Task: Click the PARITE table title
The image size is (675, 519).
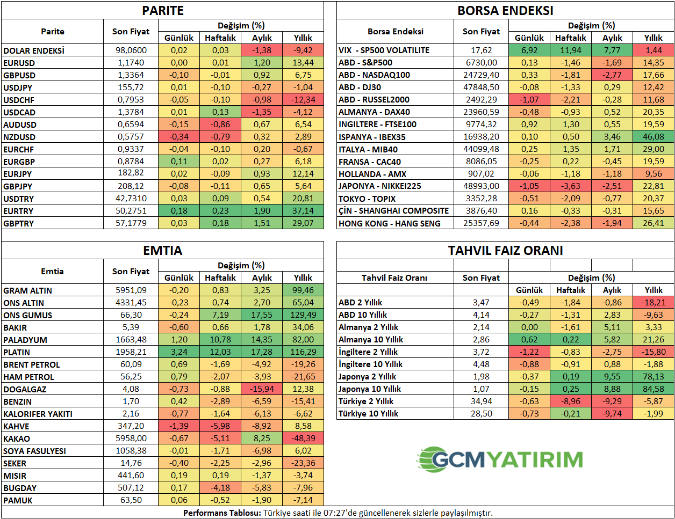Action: [163, 11]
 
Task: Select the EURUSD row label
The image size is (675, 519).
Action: [19, 63]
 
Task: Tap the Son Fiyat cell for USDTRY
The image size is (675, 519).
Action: [131, 199]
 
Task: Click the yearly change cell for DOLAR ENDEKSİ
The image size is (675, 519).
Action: [303, 50]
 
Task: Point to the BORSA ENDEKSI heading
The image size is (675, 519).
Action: [505, 11]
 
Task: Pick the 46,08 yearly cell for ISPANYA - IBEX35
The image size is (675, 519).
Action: [654, 137]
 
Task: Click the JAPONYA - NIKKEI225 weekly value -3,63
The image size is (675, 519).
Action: [571, 186]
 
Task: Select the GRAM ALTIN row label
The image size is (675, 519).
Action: [28, 290]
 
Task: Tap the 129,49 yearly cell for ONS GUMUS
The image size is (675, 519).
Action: [303, 315]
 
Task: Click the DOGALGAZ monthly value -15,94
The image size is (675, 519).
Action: [262, 389]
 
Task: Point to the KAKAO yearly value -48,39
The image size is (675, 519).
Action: [303, 438]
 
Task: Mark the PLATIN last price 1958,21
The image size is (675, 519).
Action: [131, 352]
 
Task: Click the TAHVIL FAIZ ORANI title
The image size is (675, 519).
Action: [505, 251]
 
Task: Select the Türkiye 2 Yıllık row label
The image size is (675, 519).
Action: [366, 401]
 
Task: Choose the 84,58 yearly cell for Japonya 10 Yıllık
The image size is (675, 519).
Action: [654, 389]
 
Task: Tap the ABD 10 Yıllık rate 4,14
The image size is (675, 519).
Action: [482, 315]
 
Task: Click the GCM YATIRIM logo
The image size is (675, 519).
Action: [500, 459]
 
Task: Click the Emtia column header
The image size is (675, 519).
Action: [52, 272]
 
